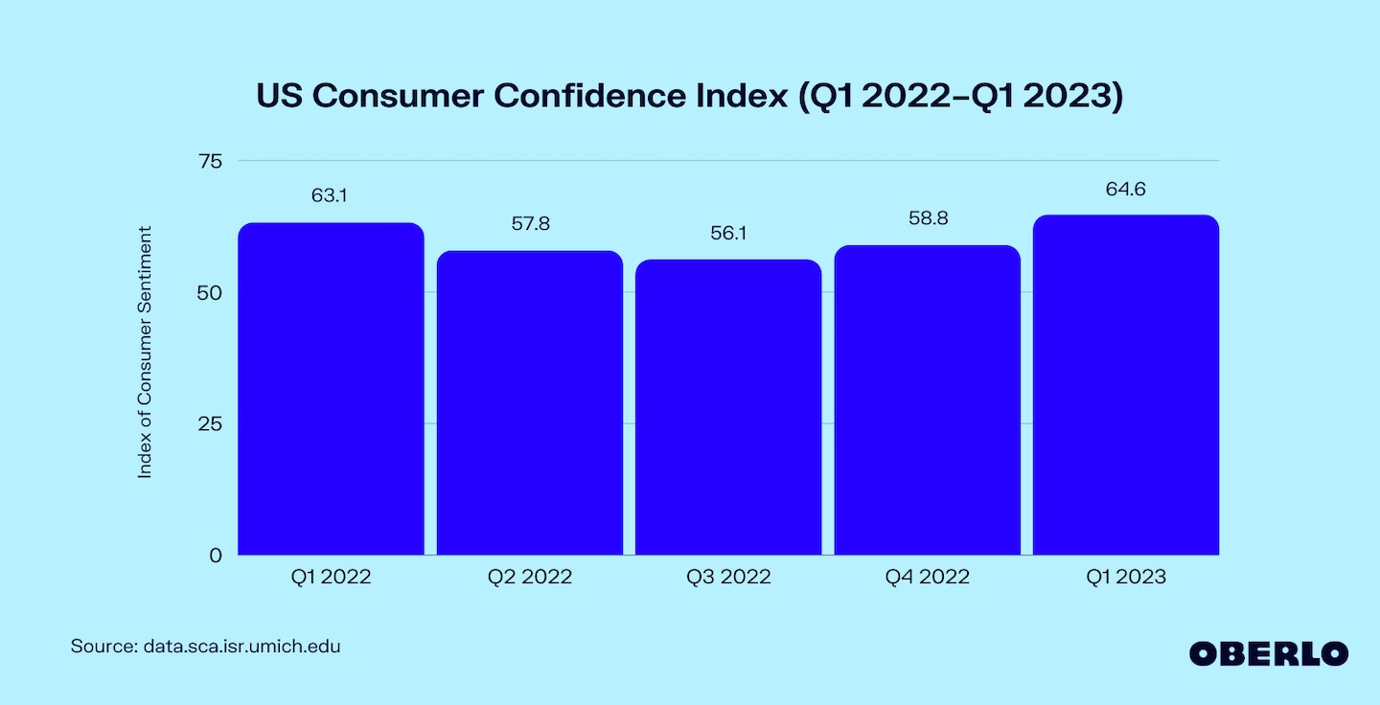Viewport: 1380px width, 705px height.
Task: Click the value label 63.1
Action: tap(329, 196)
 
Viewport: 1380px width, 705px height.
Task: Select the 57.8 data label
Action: tap(530, 224)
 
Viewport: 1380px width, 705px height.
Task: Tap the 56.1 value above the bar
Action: tap(728, 233)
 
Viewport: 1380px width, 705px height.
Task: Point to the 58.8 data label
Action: tap(928, 218)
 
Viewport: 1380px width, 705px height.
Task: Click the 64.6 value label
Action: tap(1126, 190)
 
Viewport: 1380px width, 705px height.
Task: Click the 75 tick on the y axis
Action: tap(211, 161)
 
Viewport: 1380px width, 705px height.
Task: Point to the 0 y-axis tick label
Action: tap(217, 555)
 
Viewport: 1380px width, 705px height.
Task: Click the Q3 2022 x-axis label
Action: tap(728, 577)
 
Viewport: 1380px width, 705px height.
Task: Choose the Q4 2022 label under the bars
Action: tap(927, 577)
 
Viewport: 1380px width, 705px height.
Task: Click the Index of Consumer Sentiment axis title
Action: tap(145, 352)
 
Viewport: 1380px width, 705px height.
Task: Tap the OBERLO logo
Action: tap(1269, 653)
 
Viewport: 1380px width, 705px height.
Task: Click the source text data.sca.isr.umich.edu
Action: tap(241, 647)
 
